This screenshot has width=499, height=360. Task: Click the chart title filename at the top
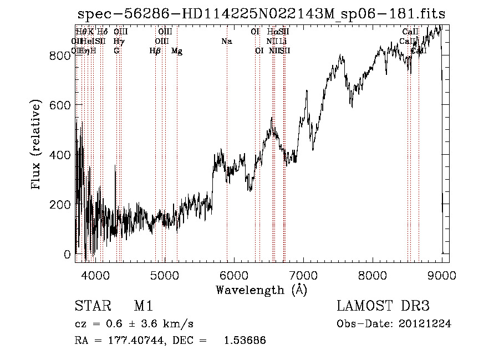261,13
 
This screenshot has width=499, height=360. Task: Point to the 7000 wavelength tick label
303,275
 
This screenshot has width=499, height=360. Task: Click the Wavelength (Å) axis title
262,290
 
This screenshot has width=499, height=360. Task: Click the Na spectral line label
226,42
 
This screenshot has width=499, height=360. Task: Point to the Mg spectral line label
177,51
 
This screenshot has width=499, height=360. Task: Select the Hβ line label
155,51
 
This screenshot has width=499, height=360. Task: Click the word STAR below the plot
92,306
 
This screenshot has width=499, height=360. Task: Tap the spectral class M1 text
143,306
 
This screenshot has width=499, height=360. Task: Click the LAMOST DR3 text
383,306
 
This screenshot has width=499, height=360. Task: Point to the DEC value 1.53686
245,341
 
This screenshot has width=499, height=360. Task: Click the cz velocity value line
134,324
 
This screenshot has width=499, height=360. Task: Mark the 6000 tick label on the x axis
234,275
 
